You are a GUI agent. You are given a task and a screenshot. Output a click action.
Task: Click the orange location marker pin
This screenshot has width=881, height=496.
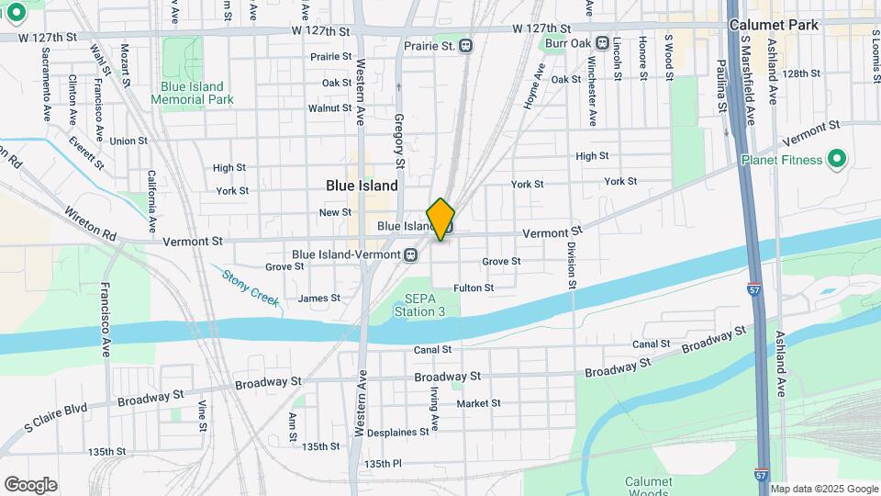(x=440, y=219)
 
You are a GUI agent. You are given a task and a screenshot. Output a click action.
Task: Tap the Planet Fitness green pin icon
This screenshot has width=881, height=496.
(x=835, y=160)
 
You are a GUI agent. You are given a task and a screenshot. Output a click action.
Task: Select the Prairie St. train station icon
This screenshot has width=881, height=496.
(x=466, y=45)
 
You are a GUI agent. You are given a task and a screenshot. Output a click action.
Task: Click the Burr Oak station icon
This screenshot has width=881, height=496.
(x=603, y=42)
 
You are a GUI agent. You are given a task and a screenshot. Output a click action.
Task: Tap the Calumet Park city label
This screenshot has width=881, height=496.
(x=773, y=26)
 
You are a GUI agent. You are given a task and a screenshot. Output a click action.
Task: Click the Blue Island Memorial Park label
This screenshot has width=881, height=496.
(x=192, y=93)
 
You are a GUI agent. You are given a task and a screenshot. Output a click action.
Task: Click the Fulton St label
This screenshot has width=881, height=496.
(x=474, y=287)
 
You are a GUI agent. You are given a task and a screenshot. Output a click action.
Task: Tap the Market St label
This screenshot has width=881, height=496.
(x=478, y=403)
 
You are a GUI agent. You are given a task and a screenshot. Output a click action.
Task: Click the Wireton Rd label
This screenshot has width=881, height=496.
(x=90, y=224)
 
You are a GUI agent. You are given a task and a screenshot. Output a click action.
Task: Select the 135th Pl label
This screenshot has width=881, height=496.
(x=383, y=464)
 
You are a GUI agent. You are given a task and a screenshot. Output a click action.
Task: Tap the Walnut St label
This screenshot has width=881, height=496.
(x=329, y=108)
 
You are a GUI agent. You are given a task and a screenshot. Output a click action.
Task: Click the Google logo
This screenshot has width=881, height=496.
(x=30, y=484)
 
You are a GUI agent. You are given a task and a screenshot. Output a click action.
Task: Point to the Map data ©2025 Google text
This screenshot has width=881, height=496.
(x=823, y=489)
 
